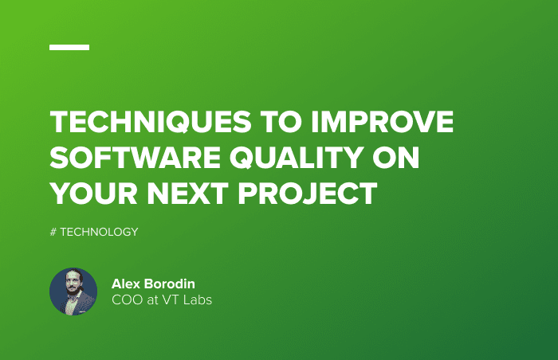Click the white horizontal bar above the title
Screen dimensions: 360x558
click(x=69, y=47)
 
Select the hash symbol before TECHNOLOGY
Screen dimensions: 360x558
click(x=53, y=232)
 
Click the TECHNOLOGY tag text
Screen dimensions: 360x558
click(x=99, y=232)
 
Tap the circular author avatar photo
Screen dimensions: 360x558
click(x=73, y=291)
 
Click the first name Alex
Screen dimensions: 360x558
click(x=126, y=284)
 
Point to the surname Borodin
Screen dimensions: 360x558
click(x=171, y=284)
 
